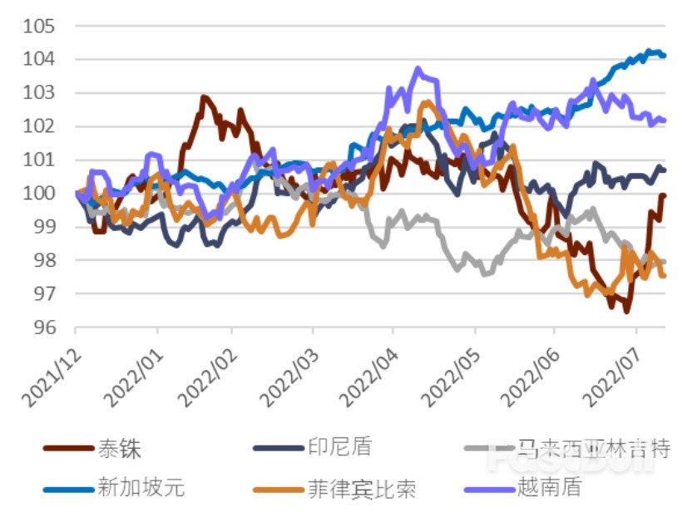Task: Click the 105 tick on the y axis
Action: point(40,27)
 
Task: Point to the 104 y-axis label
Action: point(40,60)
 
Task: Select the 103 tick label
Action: point(40,93)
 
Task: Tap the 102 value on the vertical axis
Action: point(40,126)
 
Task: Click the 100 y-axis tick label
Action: point(40,194)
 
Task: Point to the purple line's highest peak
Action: point(418,69)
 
